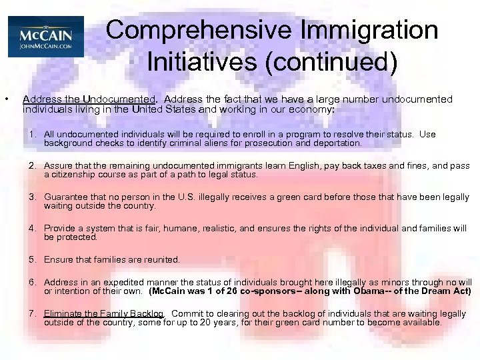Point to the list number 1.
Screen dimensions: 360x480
(x=32, y=135)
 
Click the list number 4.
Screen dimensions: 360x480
(x=32, y=228)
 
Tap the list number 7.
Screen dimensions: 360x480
(x=32, y=313)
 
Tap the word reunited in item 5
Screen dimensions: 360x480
(x=161, y=259)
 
